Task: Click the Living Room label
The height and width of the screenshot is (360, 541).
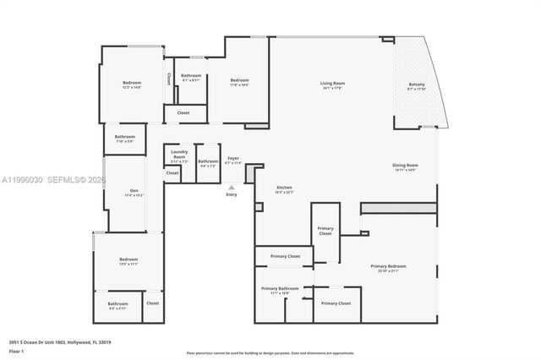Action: coord(332,83)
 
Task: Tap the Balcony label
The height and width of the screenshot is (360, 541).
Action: coord(417,85)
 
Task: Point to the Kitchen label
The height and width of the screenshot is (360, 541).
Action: coord(285,188)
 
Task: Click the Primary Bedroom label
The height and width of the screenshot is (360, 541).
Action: coord(390,266)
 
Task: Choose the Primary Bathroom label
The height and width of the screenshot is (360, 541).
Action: coord(280,289)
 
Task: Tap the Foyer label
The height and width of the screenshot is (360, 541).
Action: coord(233,158)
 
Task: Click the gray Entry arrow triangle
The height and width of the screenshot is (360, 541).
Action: coord(232,187)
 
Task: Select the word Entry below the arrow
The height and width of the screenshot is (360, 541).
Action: coord(232,194)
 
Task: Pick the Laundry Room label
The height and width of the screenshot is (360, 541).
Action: coord(179,155)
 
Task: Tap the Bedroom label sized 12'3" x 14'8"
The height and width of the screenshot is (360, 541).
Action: coord(132,83)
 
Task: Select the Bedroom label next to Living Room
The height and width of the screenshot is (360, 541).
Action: coord(240,80)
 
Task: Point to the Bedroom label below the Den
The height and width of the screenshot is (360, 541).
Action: coord(128,259)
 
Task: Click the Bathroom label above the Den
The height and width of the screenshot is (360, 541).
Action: coord(125,136)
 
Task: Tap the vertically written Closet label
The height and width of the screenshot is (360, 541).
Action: coord(169,79)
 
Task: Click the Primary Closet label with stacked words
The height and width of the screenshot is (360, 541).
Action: coord(325,231)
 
